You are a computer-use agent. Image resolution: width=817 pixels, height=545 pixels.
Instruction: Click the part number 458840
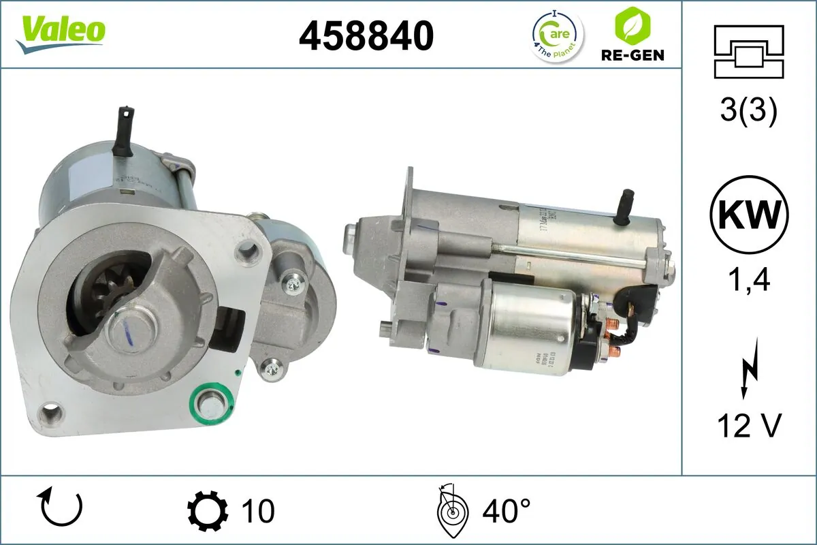pos(366,35)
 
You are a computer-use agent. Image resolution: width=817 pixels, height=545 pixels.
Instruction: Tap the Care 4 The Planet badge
pos(556,35)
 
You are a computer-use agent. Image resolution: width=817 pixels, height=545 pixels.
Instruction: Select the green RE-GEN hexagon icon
pos(628,25)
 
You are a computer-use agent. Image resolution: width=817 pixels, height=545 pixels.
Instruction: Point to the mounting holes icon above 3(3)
pos(748,51)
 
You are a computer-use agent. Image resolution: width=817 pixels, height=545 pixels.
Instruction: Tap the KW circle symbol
pos(748,215)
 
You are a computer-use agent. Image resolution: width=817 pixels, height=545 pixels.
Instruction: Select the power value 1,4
pos(748,279)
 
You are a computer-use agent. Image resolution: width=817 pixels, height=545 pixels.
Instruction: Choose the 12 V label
pos(748,426)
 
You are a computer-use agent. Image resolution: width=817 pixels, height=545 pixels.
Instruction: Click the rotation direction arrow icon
pos(62,508)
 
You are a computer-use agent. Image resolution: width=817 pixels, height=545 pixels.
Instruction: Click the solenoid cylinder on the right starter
pos(531,326)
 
